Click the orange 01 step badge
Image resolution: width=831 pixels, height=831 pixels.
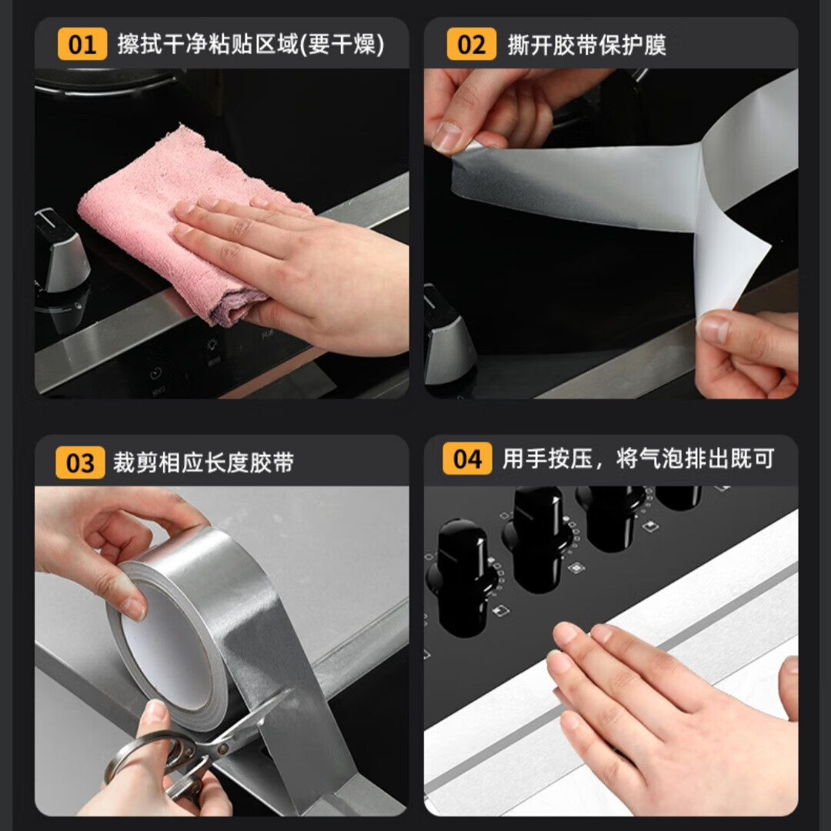[x=82, y=44]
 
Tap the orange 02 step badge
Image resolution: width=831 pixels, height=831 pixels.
[x=471, y=44]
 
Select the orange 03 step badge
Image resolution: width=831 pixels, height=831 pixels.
[x=80, y=462]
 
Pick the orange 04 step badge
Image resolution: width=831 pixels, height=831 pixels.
[x=467, y=459]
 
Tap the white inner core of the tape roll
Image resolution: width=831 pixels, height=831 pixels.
[x=165, y=646]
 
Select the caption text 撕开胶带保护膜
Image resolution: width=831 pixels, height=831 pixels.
[x=586, y=45]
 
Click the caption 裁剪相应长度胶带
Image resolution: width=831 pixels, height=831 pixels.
[x=203, y=462]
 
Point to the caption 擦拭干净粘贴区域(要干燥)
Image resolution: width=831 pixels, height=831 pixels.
[x=251, y=44]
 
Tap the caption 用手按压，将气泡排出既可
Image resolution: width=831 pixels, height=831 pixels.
[x=638, y=459]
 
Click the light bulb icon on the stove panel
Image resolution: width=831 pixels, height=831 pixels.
[x=212, y=345]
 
